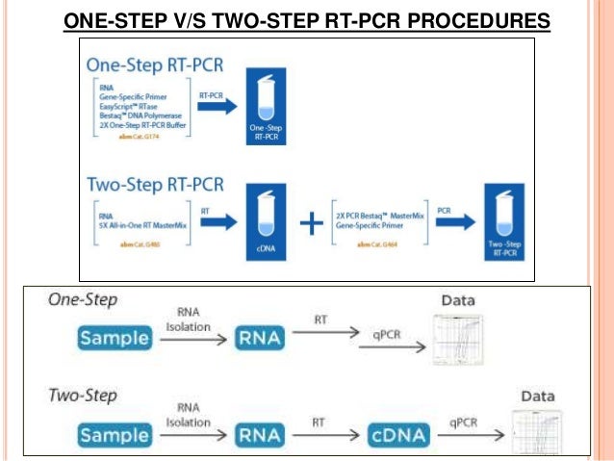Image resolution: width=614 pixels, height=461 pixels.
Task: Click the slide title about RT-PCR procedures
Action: [308, 20]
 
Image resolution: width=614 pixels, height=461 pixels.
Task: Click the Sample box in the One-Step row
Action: [115, 338]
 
